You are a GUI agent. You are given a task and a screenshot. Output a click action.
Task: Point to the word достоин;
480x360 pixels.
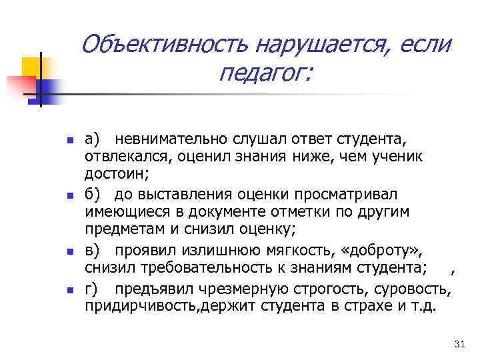[x=117, y=174]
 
